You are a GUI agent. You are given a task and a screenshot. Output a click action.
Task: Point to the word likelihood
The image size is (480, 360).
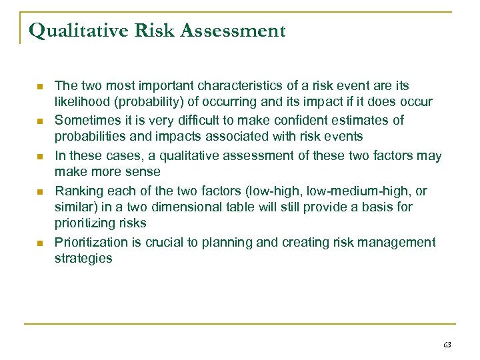coord(80,101)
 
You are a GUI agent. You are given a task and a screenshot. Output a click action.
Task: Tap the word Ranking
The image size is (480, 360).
coord(77,191)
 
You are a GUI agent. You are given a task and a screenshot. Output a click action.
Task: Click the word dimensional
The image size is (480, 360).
coord(178,207)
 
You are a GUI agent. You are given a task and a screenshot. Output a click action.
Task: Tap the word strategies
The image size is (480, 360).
coord(83,257)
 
